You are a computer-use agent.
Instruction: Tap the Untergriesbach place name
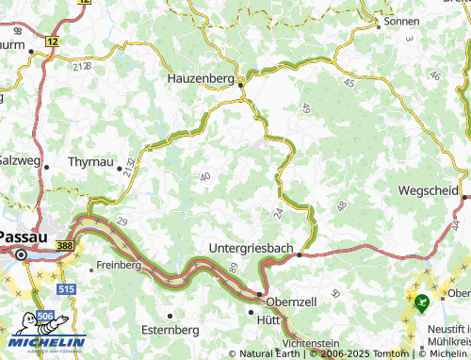250,248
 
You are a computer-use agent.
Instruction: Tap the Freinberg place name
119,266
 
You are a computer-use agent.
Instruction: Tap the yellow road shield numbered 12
52,42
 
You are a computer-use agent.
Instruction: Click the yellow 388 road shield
65,245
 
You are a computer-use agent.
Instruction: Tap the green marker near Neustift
421,303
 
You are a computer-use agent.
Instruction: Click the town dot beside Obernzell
261,293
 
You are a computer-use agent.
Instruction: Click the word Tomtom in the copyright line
366,353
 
